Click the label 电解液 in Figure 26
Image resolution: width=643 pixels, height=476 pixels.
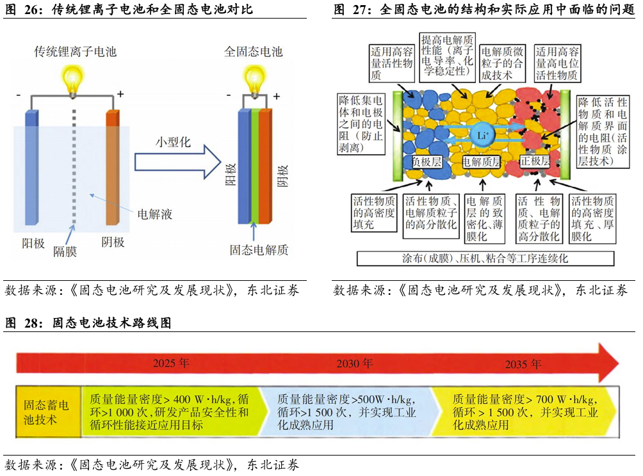click(x=155, y=214)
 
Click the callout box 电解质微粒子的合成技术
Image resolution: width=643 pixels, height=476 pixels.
click(x=502, y=63)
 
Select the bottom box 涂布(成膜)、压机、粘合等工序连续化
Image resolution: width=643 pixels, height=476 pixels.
click(x=485, y=258)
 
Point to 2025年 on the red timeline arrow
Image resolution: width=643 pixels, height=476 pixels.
click(x=171, y=363)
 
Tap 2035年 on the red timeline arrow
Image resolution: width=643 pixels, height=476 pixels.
click(x=523, y=364)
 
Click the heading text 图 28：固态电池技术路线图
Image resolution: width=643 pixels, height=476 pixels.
click(x=88, y=324)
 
